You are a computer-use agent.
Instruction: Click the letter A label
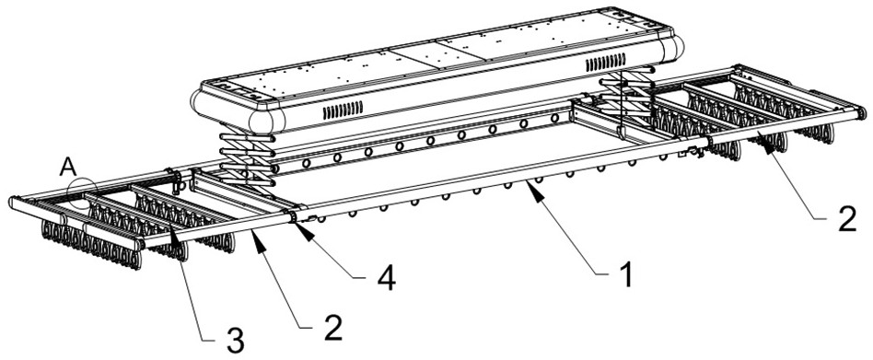point(68,167)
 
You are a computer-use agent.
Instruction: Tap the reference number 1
point(627,275)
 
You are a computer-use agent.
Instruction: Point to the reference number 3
point(235,341)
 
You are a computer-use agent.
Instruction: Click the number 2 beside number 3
point(332,328)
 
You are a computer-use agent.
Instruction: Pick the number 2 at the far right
point(846,220)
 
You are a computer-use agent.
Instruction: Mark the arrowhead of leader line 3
point(174,241)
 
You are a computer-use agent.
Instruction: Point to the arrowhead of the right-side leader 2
point(767,145)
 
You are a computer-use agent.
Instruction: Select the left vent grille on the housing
point(343,110)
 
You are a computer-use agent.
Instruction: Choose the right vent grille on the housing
point(605,63)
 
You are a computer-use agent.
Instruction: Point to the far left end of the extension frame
point(12,203)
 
